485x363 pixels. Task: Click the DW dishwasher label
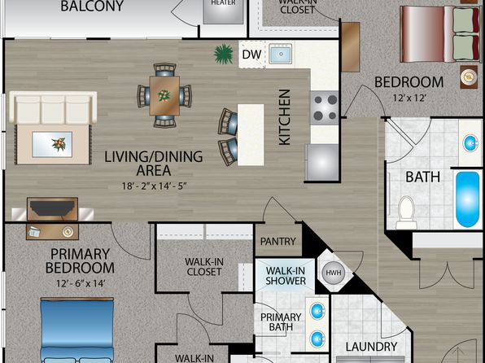[251, 55]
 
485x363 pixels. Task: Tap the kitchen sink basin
[281, 54]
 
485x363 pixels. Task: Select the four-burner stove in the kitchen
[324, 107]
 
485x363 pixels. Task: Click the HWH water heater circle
[333, 273]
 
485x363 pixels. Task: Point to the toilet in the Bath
[406, 212]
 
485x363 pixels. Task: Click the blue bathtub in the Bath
[467, 199]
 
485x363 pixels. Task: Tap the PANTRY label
[277, 241]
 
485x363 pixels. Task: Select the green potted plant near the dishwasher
[223, 55]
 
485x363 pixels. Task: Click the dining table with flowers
[164, 95]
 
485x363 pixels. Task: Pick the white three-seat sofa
[53, 107]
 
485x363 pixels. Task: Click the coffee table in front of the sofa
[52, 144]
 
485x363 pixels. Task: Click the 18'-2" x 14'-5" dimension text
[154, 186]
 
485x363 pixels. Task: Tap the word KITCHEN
[285, 117]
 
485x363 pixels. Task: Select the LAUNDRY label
[371, 347]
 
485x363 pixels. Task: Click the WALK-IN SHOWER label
[286, 275]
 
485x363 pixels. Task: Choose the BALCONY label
[92, 7]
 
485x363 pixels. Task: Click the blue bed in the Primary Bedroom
[77, 330]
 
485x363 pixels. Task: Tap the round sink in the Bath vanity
[470, 143]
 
